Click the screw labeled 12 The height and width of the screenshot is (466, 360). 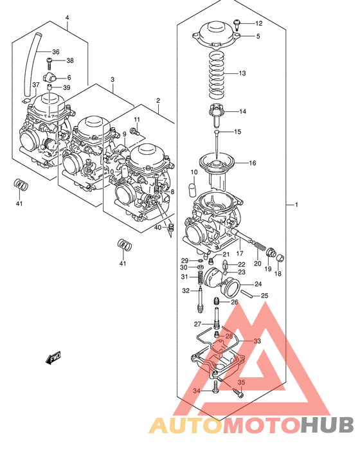click(x=237, y=24)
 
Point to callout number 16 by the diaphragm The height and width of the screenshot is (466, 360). click(x=253, y=163)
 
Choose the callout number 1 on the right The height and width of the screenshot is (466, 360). click(x=296, y=205)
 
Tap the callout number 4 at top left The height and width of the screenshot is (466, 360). click(x=67, y=17)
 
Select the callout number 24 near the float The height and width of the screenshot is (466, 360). click(x=258, y=285)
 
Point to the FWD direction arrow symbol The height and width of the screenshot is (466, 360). click(x=53, y=359)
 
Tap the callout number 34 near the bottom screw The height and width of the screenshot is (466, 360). click(x=197, y=391)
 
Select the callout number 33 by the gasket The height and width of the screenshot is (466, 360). click(x=257, y=341)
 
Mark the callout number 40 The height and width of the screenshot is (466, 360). click(x=157, y=228)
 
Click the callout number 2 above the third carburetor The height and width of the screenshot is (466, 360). click(x=157, y=101)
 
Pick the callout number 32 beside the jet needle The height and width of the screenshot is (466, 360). click(x=185, y=291)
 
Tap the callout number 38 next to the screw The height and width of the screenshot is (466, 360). click(x=70, y=61)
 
